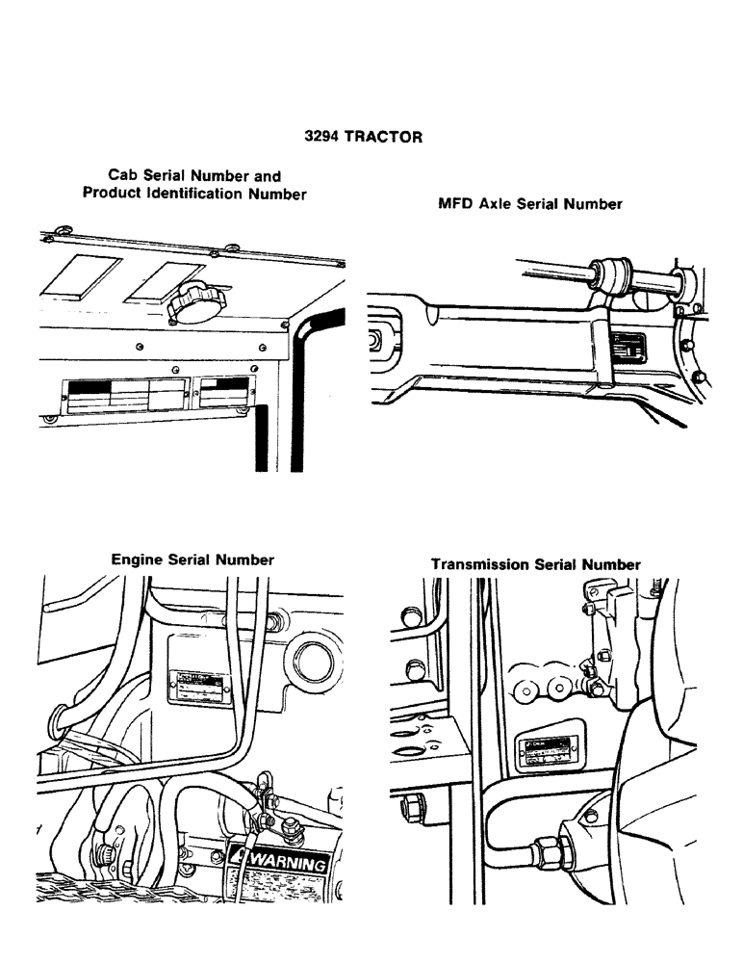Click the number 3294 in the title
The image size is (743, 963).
(321, 137)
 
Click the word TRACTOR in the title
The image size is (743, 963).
(383, 137)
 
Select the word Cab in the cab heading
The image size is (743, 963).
(124, 176)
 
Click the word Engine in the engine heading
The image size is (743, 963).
(138, 560)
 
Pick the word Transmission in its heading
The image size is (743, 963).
(476, 565)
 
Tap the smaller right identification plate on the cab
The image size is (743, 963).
(219, 392)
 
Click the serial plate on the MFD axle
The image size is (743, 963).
(631, 347)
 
